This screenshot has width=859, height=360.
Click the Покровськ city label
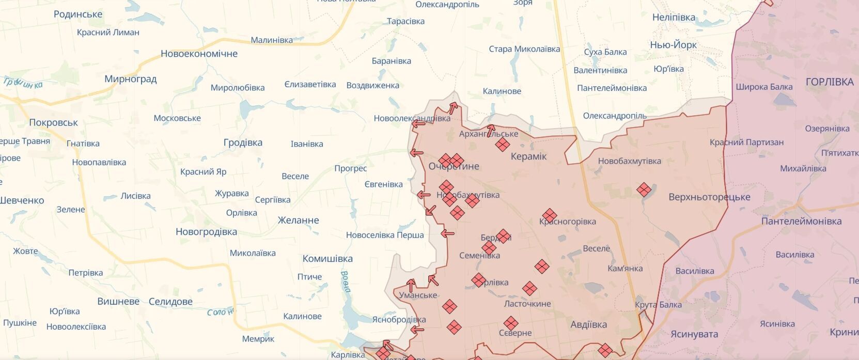pos(54,123)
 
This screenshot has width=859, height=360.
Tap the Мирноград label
pos(130,79)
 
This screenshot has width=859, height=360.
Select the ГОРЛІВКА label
pos(829,82)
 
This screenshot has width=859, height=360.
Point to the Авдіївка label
pos(588,325)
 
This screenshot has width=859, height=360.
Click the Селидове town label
pos(170,302)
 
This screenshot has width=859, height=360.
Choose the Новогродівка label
pos(206,232)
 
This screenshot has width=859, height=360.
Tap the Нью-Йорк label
pos(673,45)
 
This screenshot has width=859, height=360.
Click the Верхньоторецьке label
pos(709,197)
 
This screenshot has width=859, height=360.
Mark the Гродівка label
pos(243,143)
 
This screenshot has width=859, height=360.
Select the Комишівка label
pos(327,259)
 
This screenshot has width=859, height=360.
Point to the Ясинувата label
pos(694,334)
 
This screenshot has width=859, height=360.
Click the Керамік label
pos(528,156)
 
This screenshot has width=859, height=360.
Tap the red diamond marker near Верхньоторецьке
pos(644,190)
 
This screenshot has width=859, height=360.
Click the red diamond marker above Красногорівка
pos(549,215)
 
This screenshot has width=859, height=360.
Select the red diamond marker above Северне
pos(511,323)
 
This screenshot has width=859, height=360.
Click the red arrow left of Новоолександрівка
pos(418,123)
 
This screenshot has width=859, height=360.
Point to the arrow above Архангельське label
pos(490,130)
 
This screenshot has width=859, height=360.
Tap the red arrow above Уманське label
pos(411,285)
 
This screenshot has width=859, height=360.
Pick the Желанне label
pos(298,221)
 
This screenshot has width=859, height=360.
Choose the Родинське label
pos(78,14)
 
